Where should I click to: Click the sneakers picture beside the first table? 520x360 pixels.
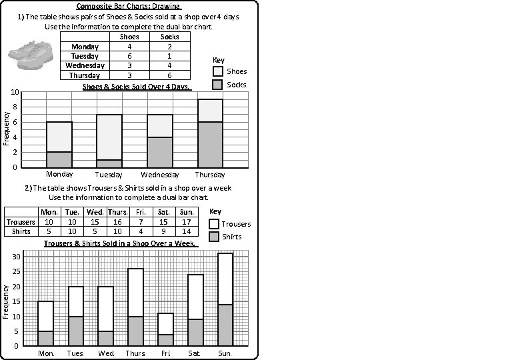pyautogui.click(x=31, y=53)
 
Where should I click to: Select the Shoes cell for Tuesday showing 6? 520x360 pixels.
pyautogui.click(x=129, y=56)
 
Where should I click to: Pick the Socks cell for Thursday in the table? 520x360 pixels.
pyautogui.click(x=169, y=75)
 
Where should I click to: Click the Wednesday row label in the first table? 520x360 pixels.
pyautogui.click(x=85, y=65)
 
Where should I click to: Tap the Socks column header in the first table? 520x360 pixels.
pyautogui.click(x=169, y=37)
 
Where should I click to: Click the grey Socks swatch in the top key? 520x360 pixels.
pyautogui.click(x=217, y=85)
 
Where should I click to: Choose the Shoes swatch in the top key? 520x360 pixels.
pyautogui.click(x=217, y=71)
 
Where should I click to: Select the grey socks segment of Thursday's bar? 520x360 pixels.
pyautogui.click(x=210, y=144)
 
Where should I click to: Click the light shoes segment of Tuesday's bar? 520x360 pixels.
pyautogui.click(x=109, y=137)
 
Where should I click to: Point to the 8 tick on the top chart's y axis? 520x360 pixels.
pyautogui.click(x=15, y=107)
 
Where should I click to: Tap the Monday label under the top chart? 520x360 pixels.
pyautogui.click(x=59, y=175)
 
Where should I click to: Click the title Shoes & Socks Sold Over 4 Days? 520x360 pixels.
pyautogui.click(x=137, y=87)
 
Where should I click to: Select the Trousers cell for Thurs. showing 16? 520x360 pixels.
pyautogui.click(x=117, y=222)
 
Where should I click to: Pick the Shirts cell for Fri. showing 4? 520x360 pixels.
pyautogui.click(x=140, y=231)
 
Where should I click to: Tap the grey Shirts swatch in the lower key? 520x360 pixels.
pyautogui.click(x=214, y=237)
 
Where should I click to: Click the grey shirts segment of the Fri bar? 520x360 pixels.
pyautogui.click(x=166, y=339)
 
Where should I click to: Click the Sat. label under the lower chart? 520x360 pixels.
pyautogui.click(x=195, y=353)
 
